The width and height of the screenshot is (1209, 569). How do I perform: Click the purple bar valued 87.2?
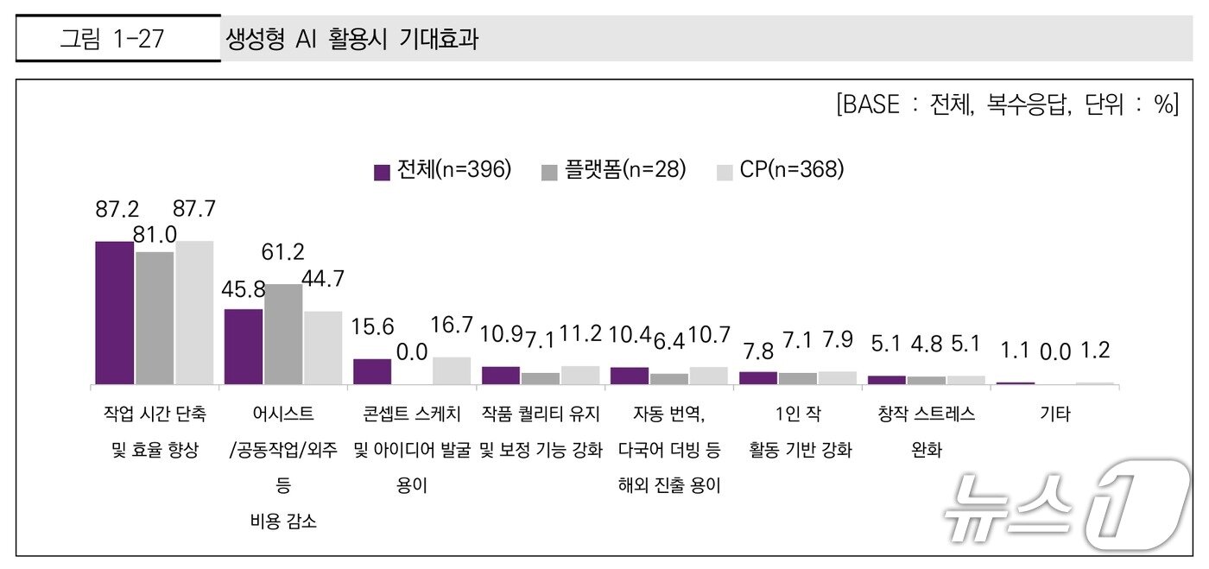(x=115, y=313)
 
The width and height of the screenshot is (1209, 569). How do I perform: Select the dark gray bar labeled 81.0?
(x=155, y=318)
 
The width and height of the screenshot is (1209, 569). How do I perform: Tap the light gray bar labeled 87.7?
(x=194, y=313)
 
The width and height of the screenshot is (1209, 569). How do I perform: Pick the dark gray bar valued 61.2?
(x=283, y=334)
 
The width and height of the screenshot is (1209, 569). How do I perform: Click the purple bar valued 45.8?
(x=244, y=346)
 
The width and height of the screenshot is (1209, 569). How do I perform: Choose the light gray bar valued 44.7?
(x=323, y=347)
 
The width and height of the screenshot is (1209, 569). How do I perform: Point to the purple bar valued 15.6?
(x=372, y=371)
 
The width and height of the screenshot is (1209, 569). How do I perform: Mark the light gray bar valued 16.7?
(x=452, y=370)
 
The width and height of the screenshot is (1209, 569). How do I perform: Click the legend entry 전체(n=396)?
(x=443, y=171)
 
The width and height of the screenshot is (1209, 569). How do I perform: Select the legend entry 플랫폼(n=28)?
(x=613, y=171)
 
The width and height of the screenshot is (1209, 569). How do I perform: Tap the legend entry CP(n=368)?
(x=781, y=171)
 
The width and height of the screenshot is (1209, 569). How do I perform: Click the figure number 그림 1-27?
(x=112, y=39)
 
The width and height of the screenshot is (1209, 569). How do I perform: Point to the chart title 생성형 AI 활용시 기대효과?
(x=351, y=39)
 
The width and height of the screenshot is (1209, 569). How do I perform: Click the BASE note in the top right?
(x=1006, y=104)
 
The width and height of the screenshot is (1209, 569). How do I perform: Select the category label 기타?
(x=1054, y=414)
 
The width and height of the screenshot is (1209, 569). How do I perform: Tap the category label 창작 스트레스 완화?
(x=926, y=432)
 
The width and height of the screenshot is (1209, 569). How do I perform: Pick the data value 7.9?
(x=837, y=340)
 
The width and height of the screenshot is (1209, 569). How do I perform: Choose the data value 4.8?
(x=926, y=345)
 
